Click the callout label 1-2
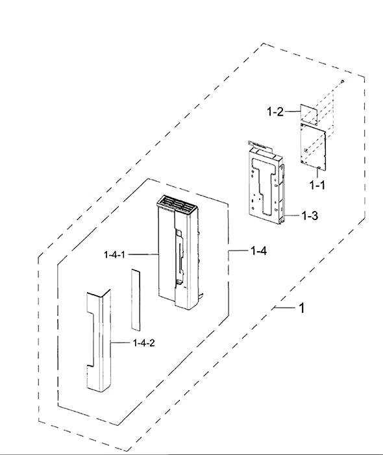pyautogui.click(x=275, y=112)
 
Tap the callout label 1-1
pyautogui.click(x=317, y=185)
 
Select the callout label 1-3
pyautogui.click(x=310, y=215)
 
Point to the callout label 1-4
pyautogui.click(x=258, y=251)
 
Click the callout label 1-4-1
pyautogui.click(x=114, y=255)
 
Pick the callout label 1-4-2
pyautogui.click(x=144, y=343)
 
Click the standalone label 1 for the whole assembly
pyautogui.click(x=302, y=308)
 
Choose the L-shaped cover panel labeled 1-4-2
pyautogui.click(x=99, y=341)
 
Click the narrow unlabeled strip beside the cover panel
pyautogui.click(x=135, y=300)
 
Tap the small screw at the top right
pyautogui.click(x=343, y=81)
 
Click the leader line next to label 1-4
pyautogui.click(x=238, y=251)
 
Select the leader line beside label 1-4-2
pyautogui.click(x=120, y=343)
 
